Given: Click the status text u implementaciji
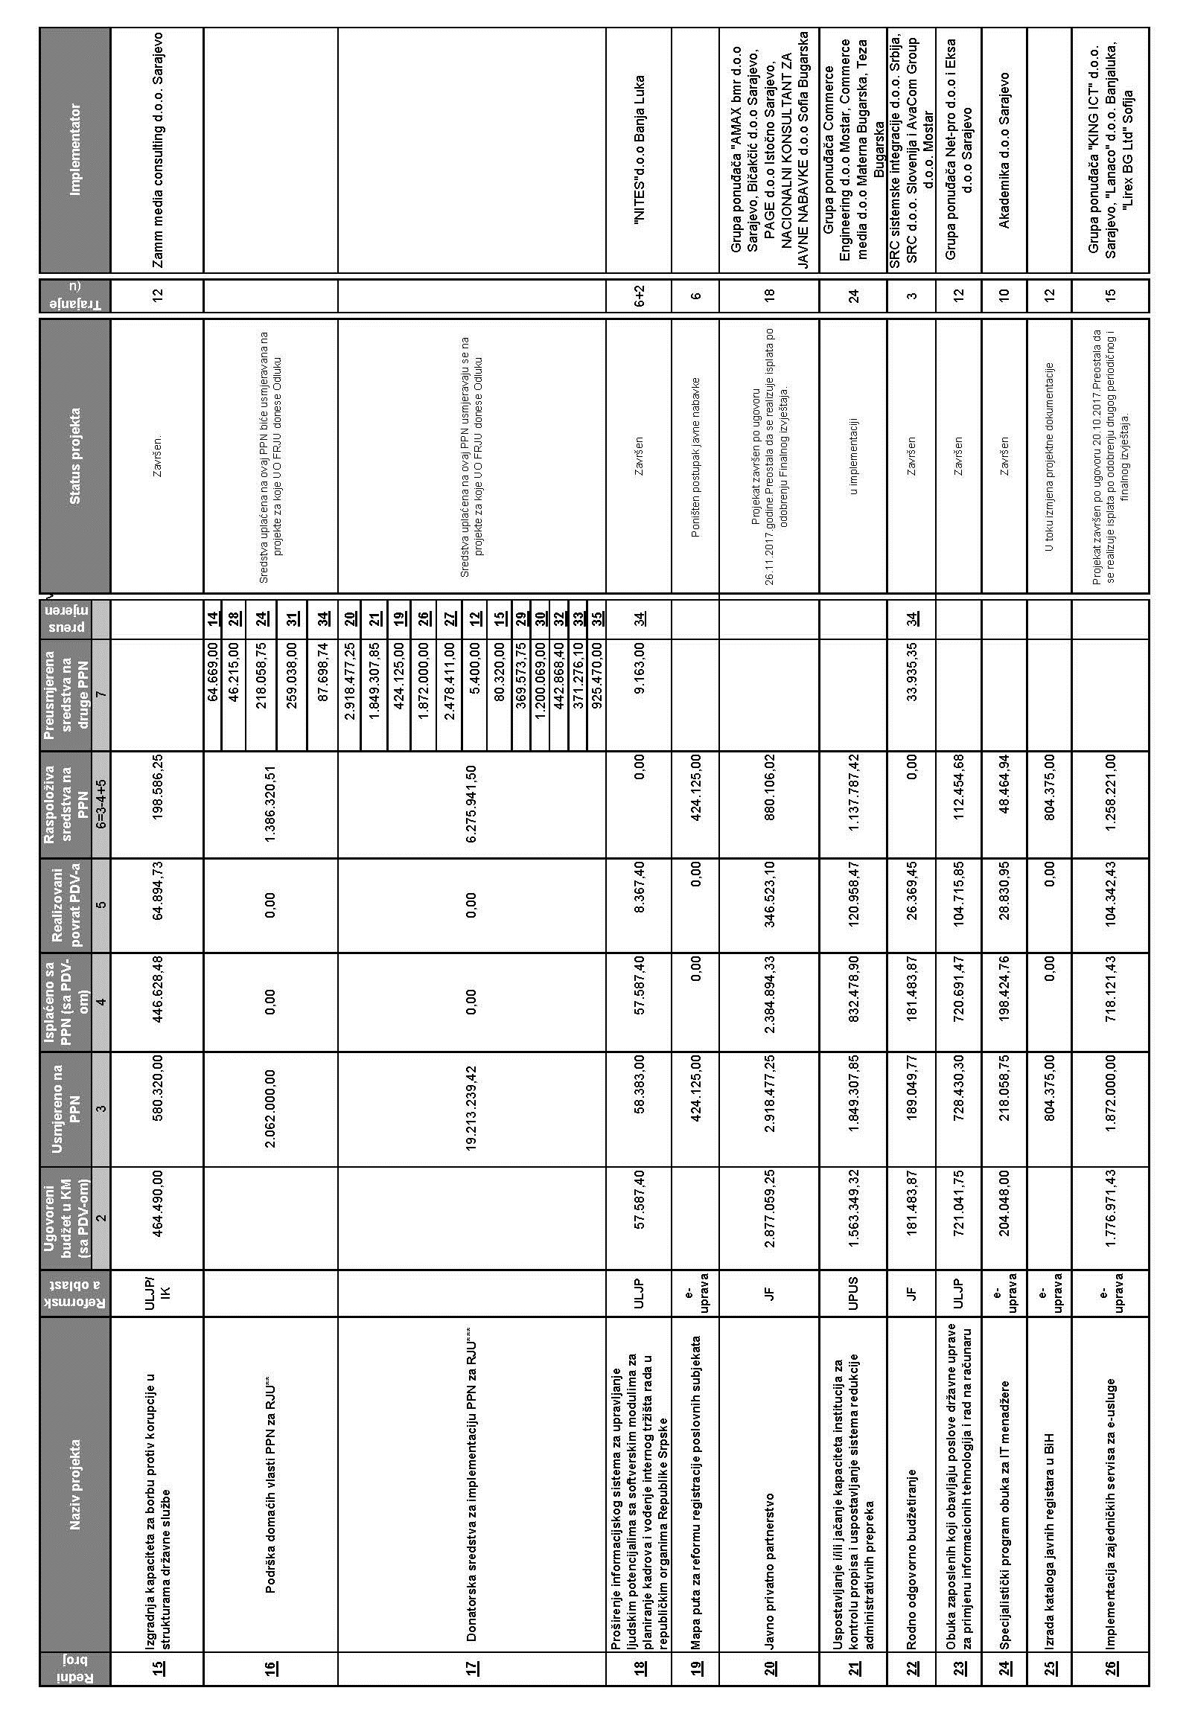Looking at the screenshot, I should (x=855, y=455).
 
